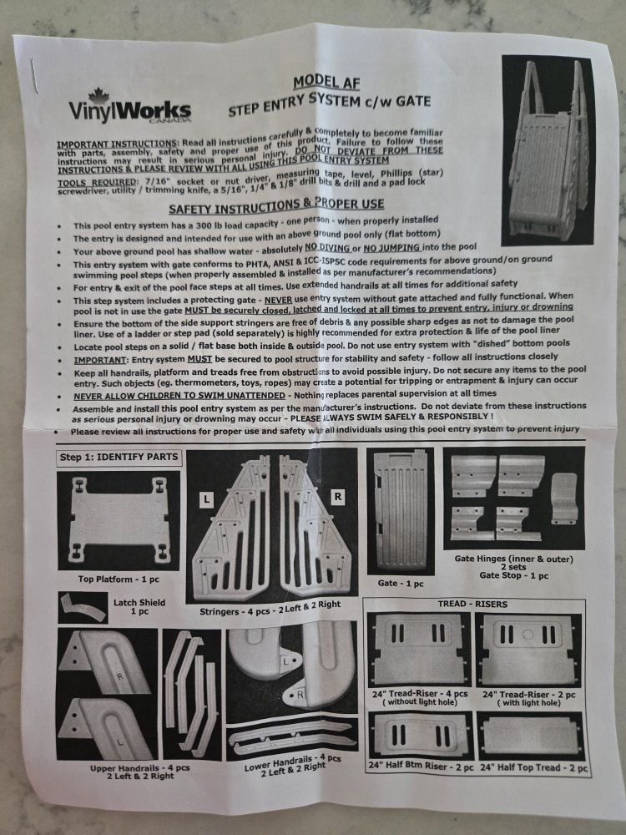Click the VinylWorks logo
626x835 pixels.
click(x=129, y=107)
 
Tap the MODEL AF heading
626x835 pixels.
click(x=326, y=82)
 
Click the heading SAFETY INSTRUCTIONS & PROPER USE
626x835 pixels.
click(x=276, y=205)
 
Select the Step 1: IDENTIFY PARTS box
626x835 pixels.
click(x=119, y=457)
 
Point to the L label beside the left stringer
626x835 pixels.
click(x=206, y=499)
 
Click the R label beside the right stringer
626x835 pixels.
click(x=337, y=496)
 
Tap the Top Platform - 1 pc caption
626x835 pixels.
click(x=119, y=579)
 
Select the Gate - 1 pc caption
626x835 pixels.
click(x=401, y=583)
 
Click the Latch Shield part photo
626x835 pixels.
click(x=83, y=608)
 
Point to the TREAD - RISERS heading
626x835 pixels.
click(x=472, y=604)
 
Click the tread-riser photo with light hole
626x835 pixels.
click(x=528, y=649)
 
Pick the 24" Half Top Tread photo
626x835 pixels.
click(x=531, y=736)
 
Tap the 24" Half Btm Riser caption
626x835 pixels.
click(x=421, y=766)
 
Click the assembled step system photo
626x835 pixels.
click(x=548, y=149)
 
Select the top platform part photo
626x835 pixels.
click(x=119, y=520)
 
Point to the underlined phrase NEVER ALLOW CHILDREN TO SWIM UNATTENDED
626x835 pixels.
click(x=179, y=396)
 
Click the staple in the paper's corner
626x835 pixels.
click(x=33, y=76)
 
